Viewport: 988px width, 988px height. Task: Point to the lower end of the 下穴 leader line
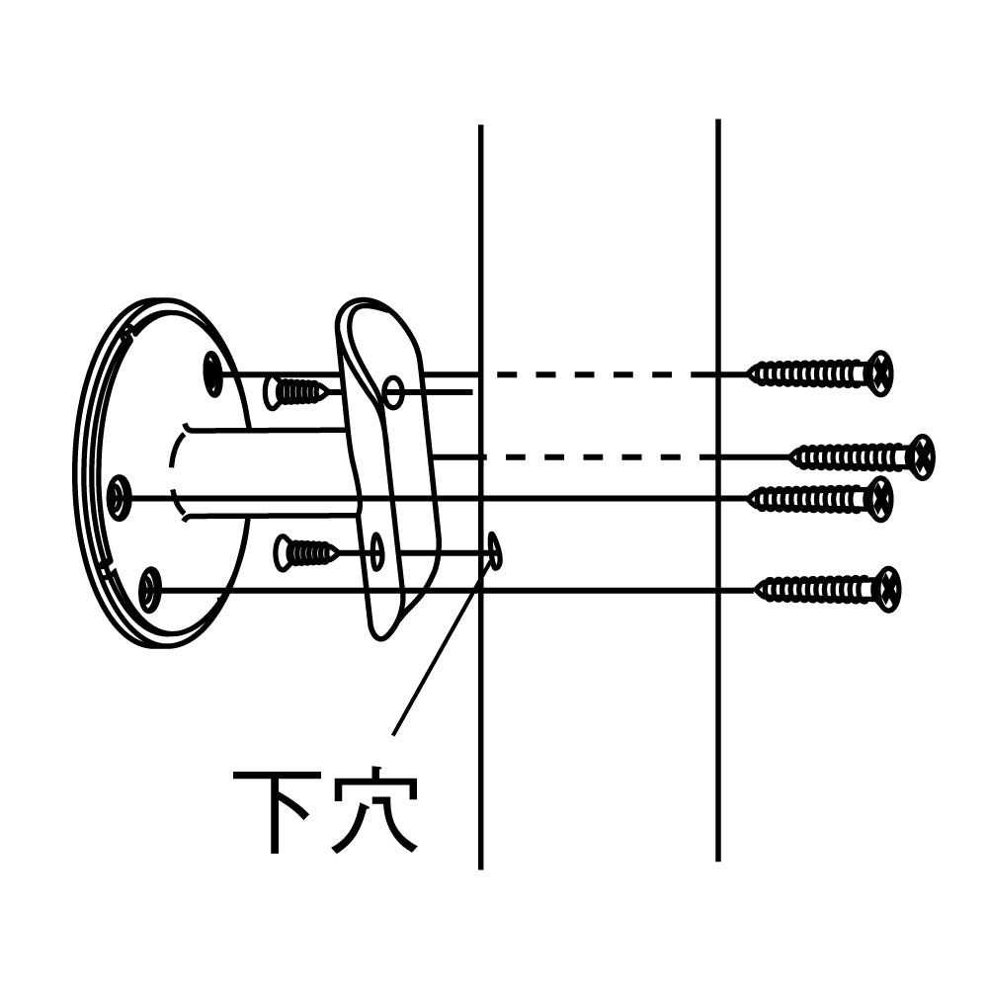pos(392,735)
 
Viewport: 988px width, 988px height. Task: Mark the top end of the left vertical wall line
pos(481,125)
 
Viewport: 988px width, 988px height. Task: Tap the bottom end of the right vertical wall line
pos(718,861)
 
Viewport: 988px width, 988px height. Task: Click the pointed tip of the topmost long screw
pos(747,374)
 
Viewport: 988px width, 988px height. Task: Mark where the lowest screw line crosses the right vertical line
pos(718,591)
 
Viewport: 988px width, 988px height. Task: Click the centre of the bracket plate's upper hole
pos(393,392)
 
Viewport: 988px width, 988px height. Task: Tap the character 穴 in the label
pos(374,809)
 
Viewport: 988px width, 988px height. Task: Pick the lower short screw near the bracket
pos(305,552)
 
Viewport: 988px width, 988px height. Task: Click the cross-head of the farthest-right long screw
pos(923,456)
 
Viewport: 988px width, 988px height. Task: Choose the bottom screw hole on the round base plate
pos(150,590)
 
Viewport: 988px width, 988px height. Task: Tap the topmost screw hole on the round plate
pos(213,374)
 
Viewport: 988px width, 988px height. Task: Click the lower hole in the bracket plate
pos(376,552)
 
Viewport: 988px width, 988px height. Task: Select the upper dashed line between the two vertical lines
pos(599,374)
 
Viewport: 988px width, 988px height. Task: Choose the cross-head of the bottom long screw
pos(887,590)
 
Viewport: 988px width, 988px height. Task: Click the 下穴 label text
pos(325,809)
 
